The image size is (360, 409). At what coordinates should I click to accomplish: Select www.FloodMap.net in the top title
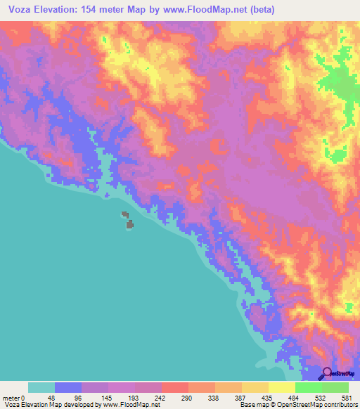coord(207,9)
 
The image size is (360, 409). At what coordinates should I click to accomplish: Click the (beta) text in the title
coord(259,9)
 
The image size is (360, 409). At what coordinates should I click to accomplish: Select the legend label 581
coord(345,397)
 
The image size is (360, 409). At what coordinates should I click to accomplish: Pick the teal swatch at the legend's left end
coord(41,387)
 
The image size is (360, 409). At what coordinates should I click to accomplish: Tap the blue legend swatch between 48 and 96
coord(68,387)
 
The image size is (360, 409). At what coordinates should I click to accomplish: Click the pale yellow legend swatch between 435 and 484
coord(282,387)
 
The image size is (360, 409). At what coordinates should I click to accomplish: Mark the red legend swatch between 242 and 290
coord(175,387)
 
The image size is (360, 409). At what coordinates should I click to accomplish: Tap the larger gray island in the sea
coord(129,224)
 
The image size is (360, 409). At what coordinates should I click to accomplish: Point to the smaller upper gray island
coord(124,214)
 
